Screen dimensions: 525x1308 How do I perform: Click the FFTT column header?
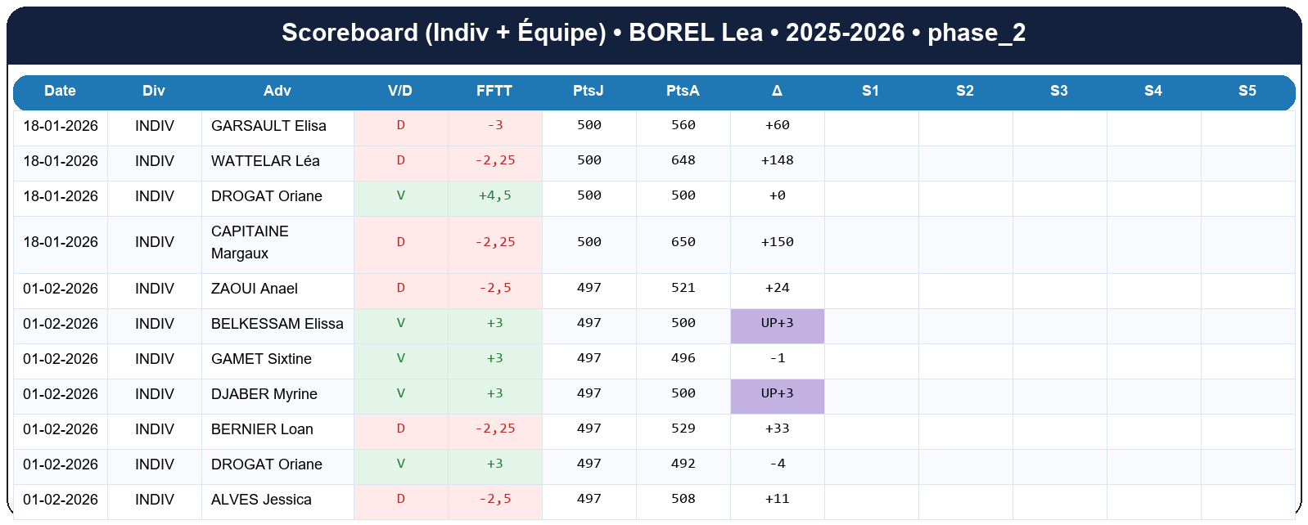(494, 91)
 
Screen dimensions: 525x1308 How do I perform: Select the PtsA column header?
(683, 91)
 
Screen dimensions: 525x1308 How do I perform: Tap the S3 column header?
(1059, 91)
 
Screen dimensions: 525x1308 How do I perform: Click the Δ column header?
(777, 91)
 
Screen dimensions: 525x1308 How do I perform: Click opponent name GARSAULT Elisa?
(268, 126)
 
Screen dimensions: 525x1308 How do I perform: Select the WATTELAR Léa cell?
(265, 161)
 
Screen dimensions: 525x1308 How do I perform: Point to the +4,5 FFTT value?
(494, 196)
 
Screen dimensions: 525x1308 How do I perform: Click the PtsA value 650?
(683, 242)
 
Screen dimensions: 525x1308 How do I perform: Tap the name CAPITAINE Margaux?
(250, 242)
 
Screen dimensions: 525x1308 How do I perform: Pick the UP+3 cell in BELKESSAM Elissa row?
(777, 323)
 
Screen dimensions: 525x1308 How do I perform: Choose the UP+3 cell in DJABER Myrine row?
(777, 393)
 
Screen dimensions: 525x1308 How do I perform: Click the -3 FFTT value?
(494, 126)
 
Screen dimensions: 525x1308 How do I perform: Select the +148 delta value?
(777, 161)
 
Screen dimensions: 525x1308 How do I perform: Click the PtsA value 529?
(683, 429)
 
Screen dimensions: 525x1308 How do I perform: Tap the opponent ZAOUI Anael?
(254, 289)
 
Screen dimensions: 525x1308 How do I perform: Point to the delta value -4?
(777, 464)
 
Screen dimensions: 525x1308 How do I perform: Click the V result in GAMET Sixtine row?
(400, 358)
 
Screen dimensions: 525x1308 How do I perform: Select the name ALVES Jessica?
(261, 500)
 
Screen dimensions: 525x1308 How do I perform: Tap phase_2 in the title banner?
(976, 33)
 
